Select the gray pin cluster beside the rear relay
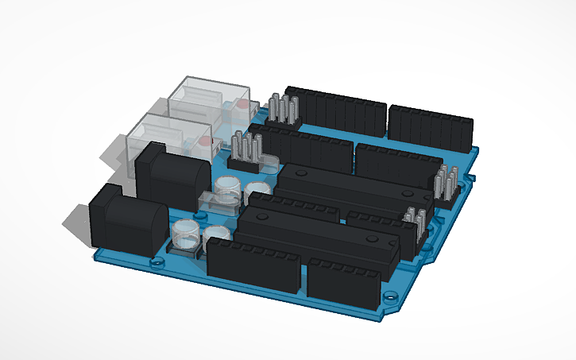pos(283,110)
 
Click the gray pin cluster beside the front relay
pos(248,152)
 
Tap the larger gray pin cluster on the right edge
pos(446,184)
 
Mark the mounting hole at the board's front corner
pos(390,300)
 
